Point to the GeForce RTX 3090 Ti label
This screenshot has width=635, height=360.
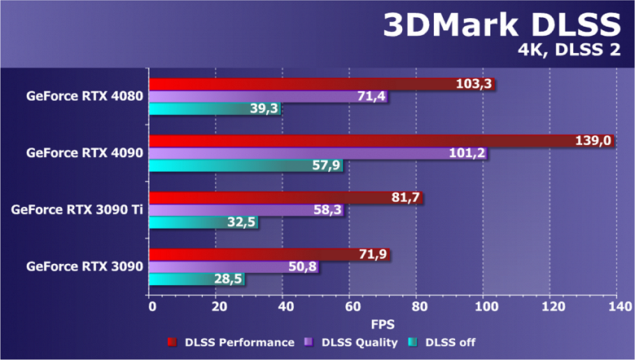[77, 209]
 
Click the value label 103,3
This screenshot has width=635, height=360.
[475, 84]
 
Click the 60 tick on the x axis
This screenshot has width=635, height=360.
[351, 306]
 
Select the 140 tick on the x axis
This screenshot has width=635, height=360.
[617, 306]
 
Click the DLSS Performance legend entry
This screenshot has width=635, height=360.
[231, 342]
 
